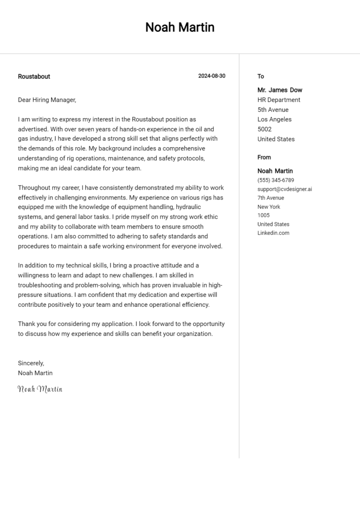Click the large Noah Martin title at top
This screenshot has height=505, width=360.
coord(180,28)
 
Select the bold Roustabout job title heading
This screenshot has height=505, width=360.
coord(34,76)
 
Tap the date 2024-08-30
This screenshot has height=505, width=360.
coord(211,76)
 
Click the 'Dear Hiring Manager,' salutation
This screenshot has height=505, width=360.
coord(47,100)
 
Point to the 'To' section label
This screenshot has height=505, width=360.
coord(261,76)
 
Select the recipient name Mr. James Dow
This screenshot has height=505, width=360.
coord(279,90)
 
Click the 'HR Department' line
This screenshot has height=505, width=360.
coord(278,100)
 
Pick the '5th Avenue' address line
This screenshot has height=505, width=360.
coord(273,110)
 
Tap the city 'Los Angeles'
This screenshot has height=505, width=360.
coord(274,119)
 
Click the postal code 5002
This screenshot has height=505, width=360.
coord(264,129)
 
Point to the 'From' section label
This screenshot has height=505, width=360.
coord(264,157)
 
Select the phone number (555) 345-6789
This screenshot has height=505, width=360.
coord(276,180)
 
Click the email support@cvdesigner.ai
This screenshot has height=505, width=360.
coord(285,189)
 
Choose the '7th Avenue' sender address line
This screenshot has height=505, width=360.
coord(270,198)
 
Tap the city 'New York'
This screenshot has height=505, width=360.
coord(269,207)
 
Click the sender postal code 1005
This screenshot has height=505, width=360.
coord(263,215)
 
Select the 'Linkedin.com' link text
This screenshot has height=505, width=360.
coord(273,233)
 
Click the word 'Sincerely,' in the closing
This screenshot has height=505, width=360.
coord(31,363)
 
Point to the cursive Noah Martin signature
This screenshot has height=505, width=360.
coord(40,389)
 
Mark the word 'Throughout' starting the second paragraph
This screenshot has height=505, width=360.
coord(33,187)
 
